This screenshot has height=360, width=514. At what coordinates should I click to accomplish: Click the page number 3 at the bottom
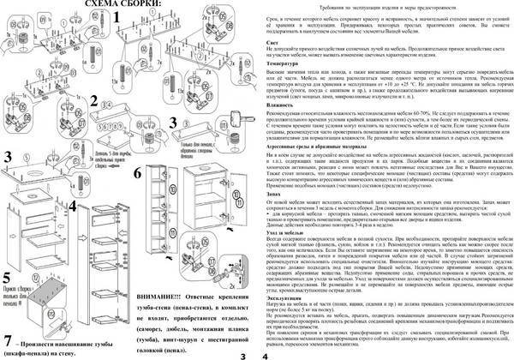click(x=243, y=353)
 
